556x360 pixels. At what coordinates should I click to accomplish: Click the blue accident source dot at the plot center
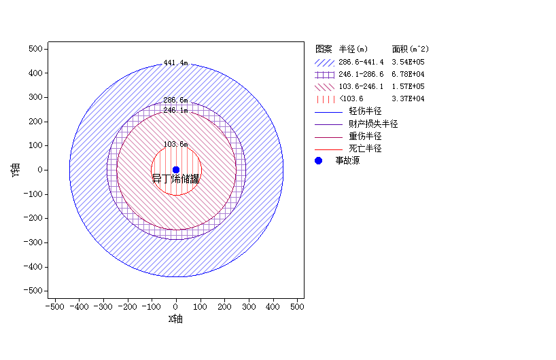(176, 170)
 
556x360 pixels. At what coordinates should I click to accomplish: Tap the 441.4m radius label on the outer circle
(175, 63)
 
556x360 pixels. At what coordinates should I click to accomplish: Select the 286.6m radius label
(175, 101)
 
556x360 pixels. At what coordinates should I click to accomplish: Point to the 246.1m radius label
(175, 110)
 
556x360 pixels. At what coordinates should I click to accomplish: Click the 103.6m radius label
(175, 144)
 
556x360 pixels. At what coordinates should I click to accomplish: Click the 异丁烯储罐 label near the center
(175, 179)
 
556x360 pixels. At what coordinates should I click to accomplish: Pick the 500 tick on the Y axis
(36, 49)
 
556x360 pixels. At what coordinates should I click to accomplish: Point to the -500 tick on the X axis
(55, 307)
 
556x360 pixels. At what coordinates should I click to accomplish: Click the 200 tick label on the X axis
(224, 307)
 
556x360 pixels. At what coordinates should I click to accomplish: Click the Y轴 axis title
(15, 170)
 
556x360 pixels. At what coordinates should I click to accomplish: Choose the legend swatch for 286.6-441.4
(324, 62)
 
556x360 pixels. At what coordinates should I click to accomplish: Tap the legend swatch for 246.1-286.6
(324, 74)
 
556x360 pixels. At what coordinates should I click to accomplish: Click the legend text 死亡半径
(365, 148)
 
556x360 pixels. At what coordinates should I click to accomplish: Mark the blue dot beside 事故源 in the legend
(318, 161)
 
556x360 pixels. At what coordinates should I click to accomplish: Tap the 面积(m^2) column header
(410, 49)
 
